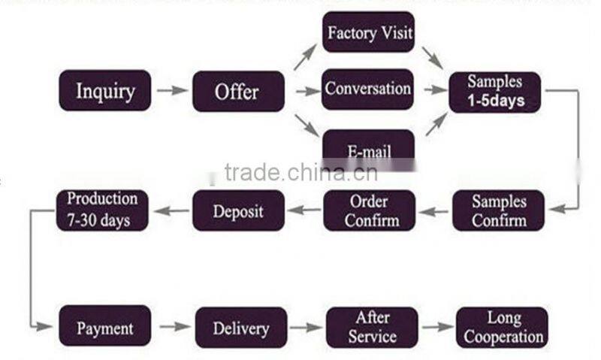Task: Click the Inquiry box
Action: point(105,91)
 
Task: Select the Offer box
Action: point(238,91)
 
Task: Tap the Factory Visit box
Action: point(369,32)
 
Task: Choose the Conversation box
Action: point(368,89)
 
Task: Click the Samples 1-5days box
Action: point(494,91)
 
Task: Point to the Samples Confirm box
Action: point(499,210)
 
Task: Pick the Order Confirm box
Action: point(369,210)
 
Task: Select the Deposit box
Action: point(238,210)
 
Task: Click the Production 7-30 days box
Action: point(103,210)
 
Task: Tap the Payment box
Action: point(105,327)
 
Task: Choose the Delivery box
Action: point(240,327)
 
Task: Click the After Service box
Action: point(371,327)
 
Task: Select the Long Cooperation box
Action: point(502,327)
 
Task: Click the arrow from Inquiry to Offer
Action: point(171,91)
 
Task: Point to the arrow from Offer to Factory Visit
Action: point(304,57)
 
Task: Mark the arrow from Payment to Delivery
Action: point(174,327)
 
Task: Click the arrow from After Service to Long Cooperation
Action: point(436,327)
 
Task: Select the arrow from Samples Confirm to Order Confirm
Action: point(433,211)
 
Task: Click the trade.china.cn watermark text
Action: point(300,173)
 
